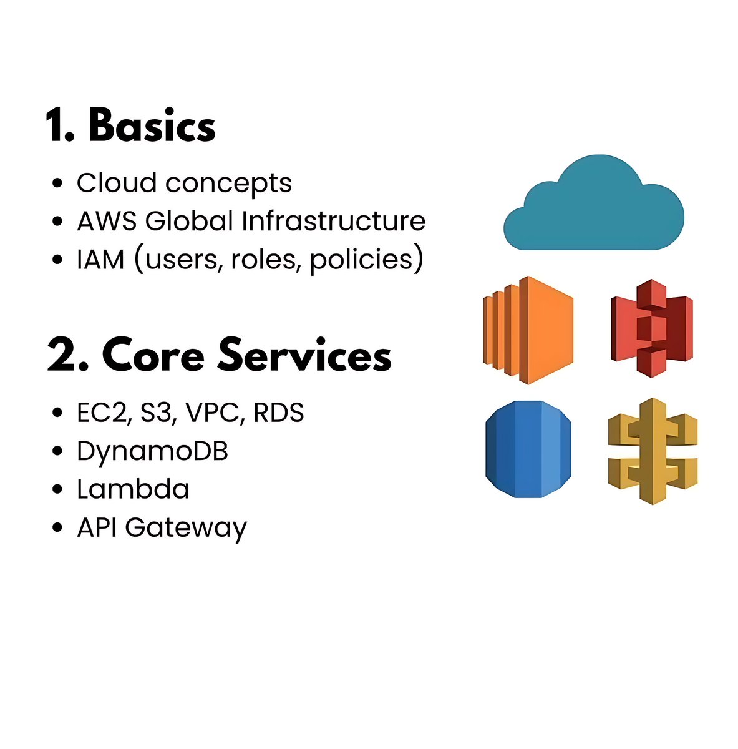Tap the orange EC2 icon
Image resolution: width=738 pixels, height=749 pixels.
coord(528,329)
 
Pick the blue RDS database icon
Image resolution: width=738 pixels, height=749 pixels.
coord(528,449)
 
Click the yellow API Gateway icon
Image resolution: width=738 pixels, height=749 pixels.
coord(652,451)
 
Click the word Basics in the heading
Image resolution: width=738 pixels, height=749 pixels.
coord(152,125)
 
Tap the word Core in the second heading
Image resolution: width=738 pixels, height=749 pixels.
coord(153,355)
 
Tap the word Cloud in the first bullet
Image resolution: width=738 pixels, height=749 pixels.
coord(117,183)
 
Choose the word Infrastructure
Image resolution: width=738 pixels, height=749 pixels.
coord(334,221)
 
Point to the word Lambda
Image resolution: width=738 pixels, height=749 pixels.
coord(133,489)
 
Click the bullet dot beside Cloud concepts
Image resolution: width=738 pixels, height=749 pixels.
coord(58,184)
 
